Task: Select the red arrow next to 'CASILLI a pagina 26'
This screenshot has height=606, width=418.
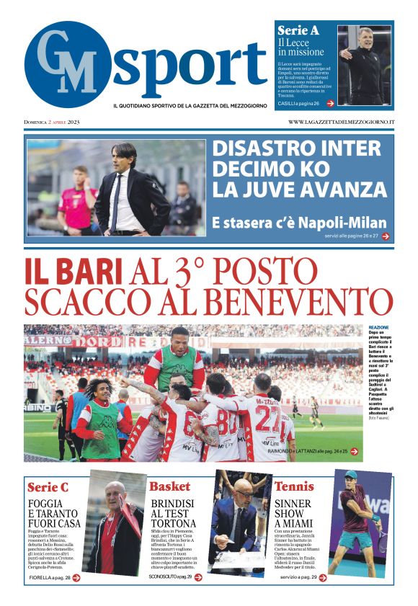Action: [x=330, y=103]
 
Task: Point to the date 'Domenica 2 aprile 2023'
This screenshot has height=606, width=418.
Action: [x=52, y=122]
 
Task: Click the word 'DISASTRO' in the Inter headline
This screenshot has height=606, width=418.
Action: [x=260, y=149]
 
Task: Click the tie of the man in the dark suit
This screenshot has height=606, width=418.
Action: [x=116, y=201]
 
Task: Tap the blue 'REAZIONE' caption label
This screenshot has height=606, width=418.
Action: [x=378, y=327]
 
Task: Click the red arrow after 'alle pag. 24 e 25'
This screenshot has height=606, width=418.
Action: [x=354, y=451]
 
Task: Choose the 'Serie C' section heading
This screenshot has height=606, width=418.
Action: [x=48, y=487]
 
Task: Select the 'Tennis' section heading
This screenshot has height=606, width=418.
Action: [x=294, y=486]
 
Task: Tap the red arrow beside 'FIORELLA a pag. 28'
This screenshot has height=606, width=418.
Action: [x=76, y=577]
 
